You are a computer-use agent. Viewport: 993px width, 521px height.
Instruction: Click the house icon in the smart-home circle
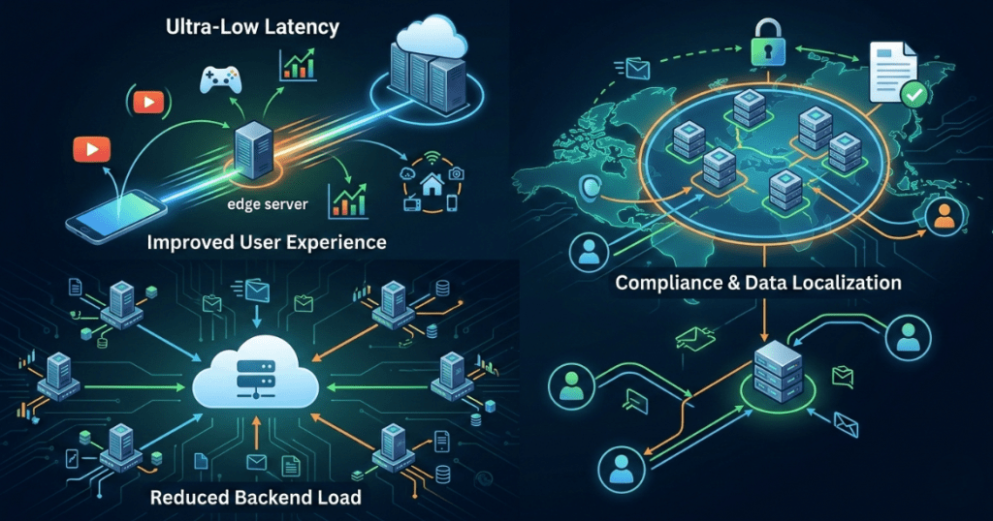pos(428,181)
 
